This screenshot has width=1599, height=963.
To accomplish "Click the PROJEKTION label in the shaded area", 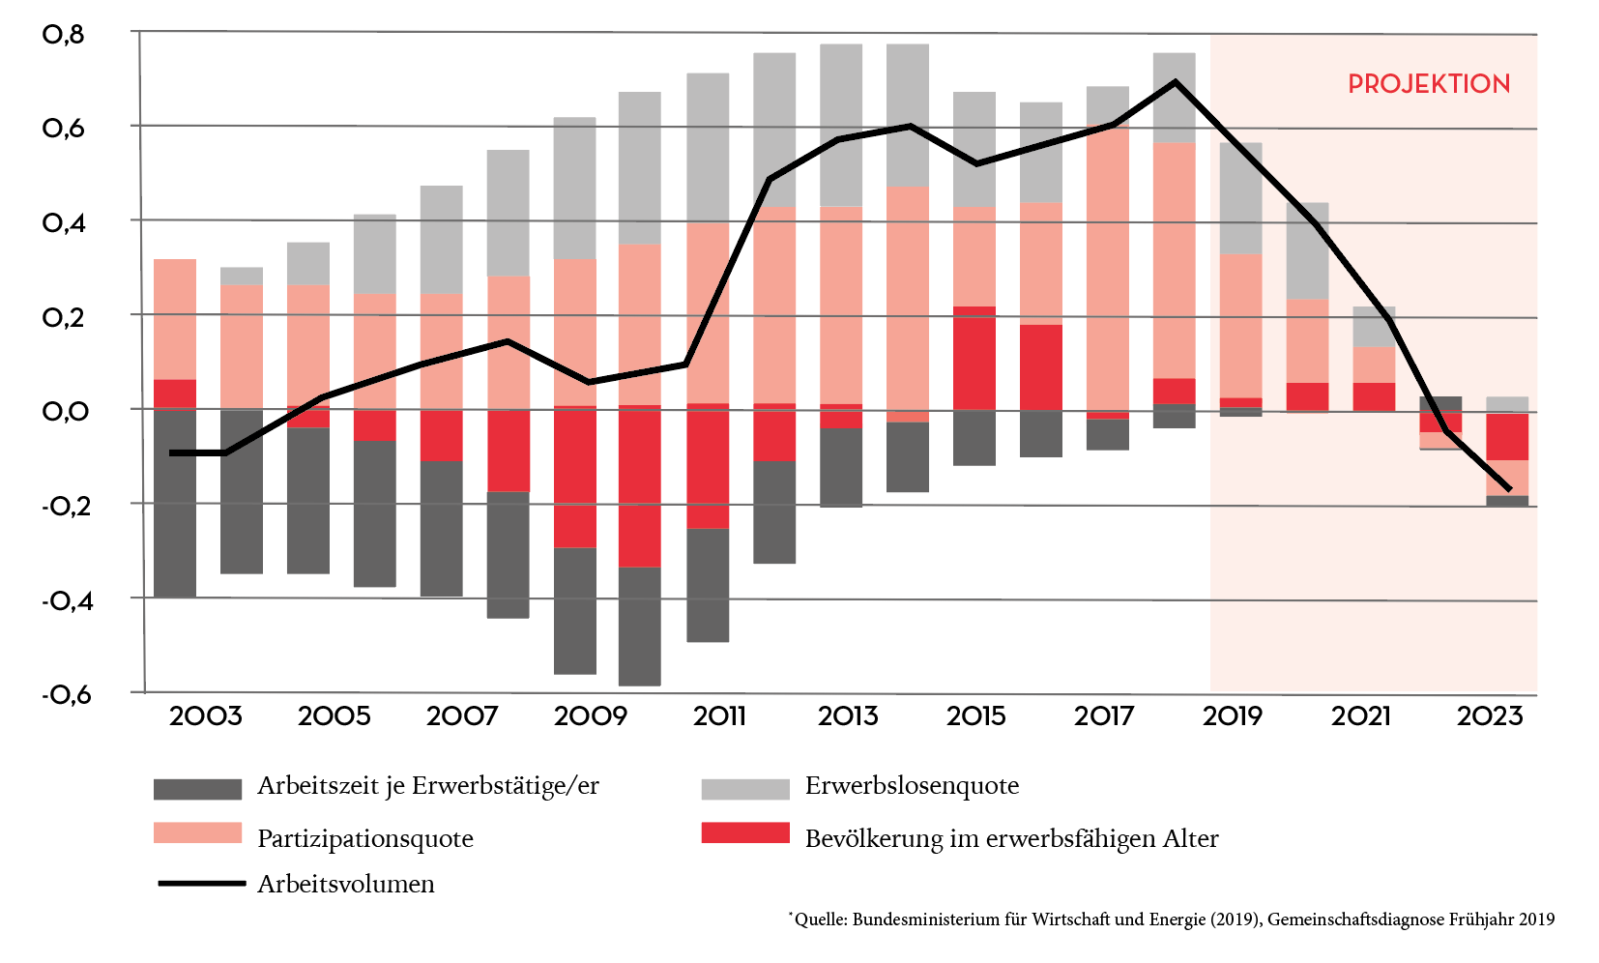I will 1428,84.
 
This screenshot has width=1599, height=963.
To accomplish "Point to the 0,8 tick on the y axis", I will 64,35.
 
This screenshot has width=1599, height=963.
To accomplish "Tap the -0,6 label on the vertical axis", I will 66,694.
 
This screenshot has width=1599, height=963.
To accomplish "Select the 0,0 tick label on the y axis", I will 66,411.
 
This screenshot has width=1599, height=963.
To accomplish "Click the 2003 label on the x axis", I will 205,716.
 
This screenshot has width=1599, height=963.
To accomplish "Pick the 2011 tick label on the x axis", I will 719,716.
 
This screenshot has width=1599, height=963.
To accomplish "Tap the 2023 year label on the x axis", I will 1489,716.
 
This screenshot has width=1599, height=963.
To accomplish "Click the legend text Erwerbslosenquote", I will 912,786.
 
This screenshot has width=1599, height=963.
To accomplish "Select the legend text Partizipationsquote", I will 364,838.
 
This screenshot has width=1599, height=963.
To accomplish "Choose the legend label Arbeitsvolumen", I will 345,884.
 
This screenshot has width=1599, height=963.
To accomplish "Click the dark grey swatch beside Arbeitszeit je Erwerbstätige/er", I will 197,789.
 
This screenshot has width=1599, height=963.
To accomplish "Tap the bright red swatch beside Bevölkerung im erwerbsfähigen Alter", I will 745,832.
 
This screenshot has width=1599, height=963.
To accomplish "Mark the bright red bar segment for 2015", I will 974,358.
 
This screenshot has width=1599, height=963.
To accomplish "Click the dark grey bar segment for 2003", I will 175,503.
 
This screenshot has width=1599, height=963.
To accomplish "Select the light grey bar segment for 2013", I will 841,125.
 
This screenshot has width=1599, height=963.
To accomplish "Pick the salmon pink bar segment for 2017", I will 1108,271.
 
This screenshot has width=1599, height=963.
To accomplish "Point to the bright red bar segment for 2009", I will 575,477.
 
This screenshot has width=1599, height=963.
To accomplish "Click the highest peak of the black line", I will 1176,82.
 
